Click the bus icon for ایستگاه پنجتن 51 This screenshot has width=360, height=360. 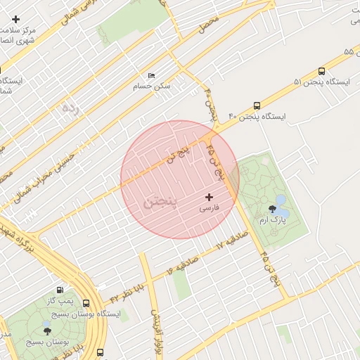pyautogui.click(x=321, y=71)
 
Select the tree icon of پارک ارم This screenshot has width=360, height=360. pyautogui.click(x=272, y=208)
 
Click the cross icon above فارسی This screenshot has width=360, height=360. pyautogui.click(x=209, y=197)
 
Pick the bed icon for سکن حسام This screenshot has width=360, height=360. pyautogui.click(x=151, y=75)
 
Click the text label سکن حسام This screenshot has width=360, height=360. pyautogui.click(x=152, y=86)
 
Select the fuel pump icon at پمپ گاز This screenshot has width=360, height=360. pyautogui.click(x=59, y=289)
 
